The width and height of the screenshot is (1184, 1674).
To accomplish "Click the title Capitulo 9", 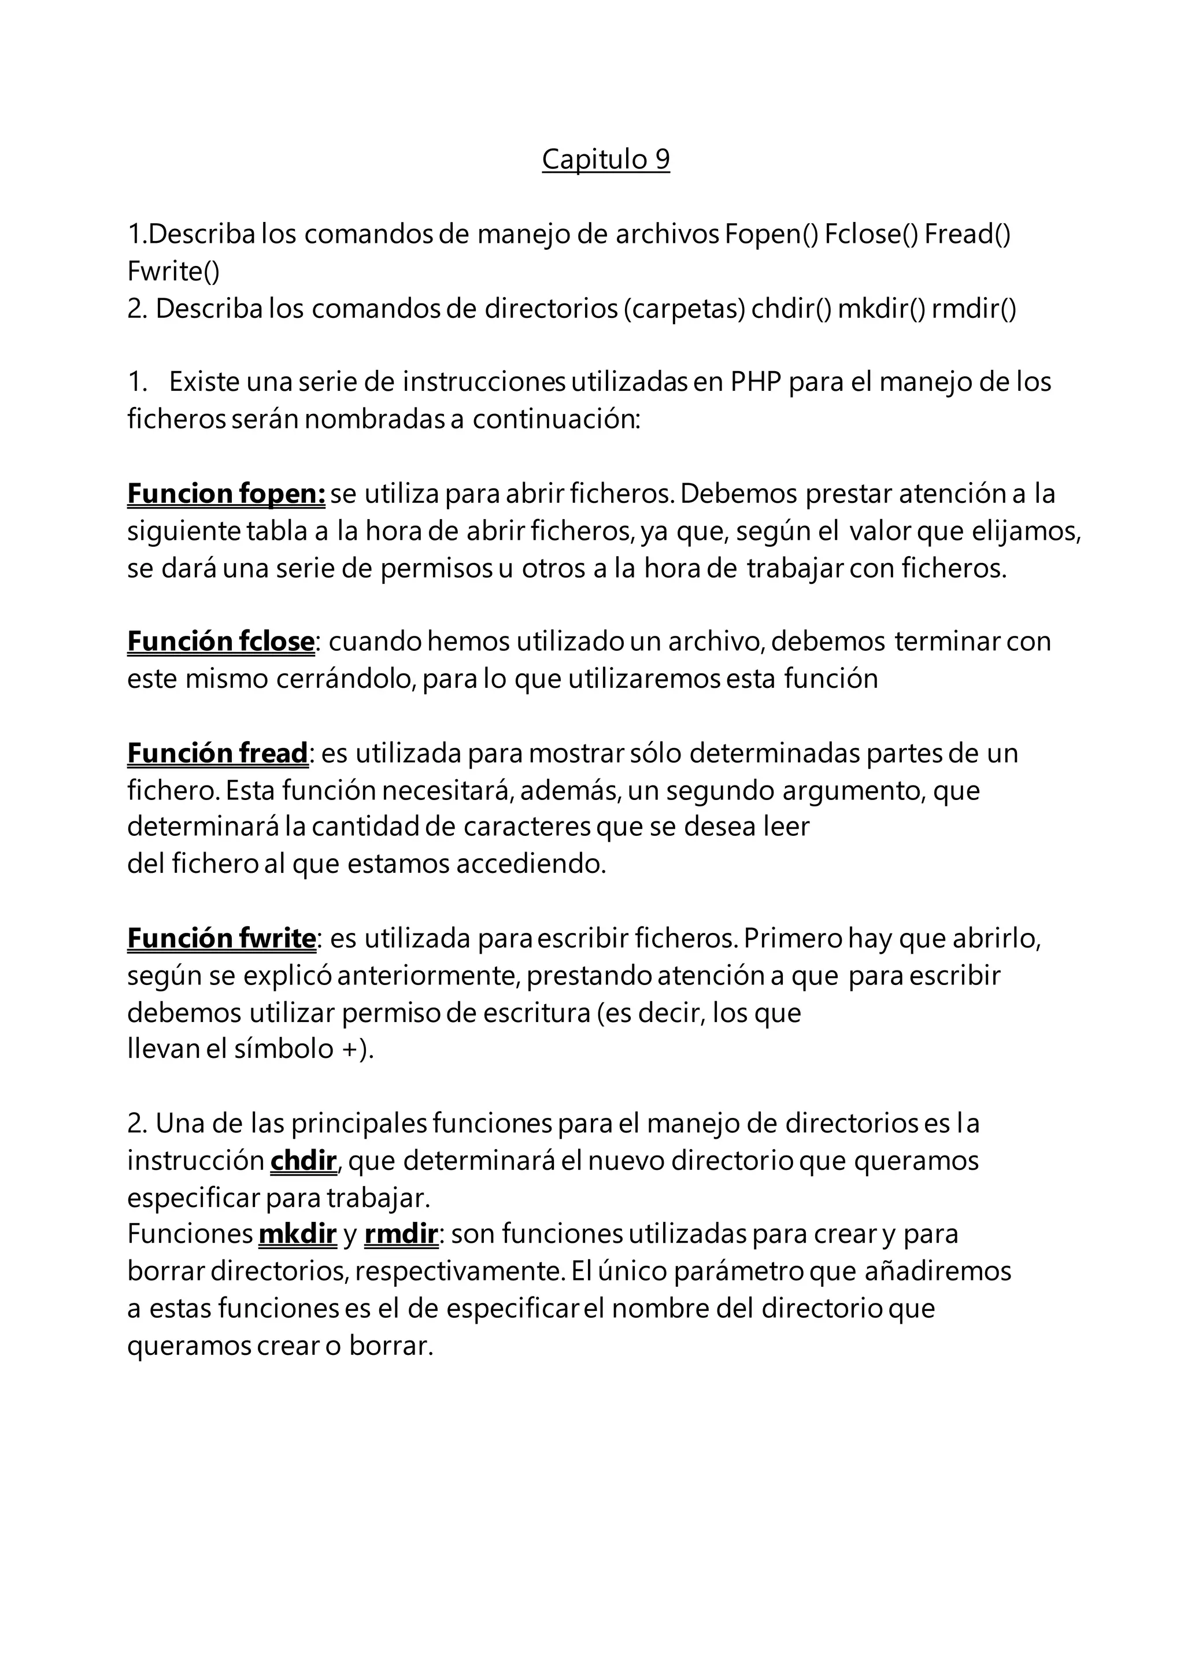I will point(605,159).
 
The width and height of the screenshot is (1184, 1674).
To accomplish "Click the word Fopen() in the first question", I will point(771,234).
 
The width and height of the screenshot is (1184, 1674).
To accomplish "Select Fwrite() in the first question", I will point(173,271).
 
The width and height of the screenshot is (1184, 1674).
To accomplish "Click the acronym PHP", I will point(756,382).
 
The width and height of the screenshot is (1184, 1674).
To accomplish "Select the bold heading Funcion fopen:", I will point(226,494).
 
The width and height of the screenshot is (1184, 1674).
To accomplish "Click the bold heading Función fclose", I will point(221,641).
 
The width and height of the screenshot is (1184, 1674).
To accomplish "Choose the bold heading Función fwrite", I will point(221,938).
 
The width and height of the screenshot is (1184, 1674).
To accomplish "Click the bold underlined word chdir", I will point(304,1160).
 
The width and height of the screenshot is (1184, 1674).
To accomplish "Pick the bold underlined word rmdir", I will point(400,1234).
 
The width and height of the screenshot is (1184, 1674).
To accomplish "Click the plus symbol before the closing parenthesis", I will point(349,1049).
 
